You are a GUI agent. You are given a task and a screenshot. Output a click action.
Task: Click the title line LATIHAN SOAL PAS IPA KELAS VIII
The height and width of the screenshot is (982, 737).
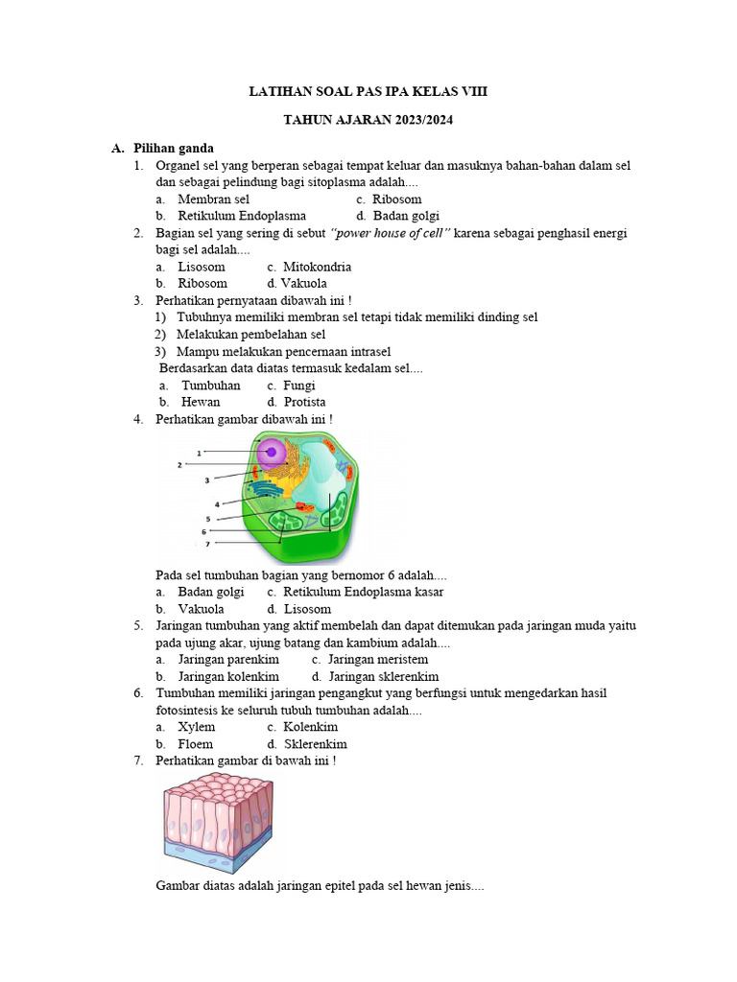tap(374, 92)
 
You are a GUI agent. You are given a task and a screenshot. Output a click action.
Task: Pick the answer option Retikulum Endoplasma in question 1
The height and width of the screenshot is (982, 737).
tap(242, 216)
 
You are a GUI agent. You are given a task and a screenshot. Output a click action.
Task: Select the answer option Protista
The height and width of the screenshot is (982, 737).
tap(304, 402)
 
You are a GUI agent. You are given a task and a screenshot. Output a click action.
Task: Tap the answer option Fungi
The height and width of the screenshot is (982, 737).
tap(299, 386)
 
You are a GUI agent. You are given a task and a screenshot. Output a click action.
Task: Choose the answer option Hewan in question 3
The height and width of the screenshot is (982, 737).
tap(201, 402)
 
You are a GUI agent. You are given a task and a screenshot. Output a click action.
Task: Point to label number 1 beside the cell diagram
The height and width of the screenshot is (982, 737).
tap(199, 452)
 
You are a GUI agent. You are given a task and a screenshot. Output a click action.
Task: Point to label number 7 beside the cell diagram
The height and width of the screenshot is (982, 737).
tap(206, 544)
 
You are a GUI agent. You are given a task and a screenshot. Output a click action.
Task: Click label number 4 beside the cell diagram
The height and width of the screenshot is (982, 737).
tap(217, 503)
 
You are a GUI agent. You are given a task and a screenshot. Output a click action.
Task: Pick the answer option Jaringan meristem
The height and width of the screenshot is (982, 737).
tap(377, 660)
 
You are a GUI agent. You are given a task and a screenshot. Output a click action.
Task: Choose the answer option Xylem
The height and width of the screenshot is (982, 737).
tap(197, 727)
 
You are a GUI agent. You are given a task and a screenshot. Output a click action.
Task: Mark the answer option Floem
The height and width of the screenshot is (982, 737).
tap(196, 743)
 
